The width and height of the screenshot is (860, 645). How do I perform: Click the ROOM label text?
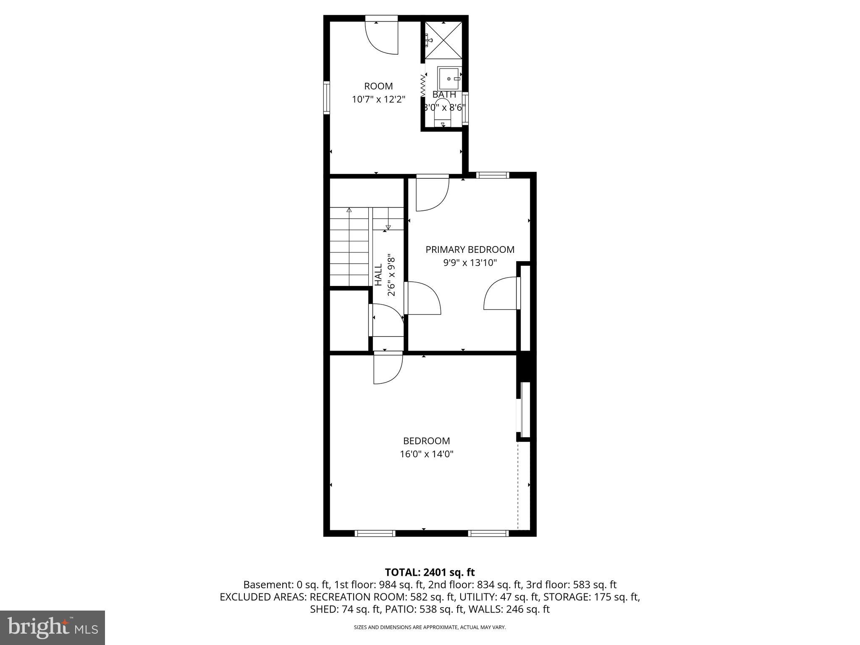click(x=378, y=86)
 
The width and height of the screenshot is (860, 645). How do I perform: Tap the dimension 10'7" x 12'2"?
click(x=378, y=100)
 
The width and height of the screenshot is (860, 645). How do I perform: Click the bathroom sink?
click(x=449, y=79)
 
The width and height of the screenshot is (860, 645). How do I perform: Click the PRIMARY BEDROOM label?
click(x=470, y=249)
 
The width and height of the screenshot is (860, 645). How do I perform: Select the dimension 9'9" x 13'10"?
click(x=470, y=263)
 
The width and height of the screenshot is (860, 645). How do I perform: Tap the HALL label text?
click(x=378, y=275)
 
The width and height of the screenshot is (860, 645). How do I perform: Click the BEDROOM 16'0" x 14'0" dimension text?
click(x=427, y=454)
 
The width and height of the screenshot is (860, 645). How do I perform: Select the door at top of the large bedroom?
click(x=388, y=369)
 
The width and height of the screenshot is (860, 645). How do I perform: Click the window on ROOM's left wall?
click(x=326, y=97)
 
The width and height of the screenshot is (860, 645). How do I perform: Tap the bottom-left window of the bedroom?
click(x=375, y=533)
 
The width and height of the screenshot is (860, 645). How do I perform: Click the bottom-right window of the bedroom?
click(x=488, y=533)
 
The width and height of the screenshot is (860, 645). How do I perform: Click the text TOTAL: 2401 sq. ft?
click(x=430, y=572)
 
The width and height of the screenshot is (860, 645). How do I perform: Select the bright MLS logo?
click(x=52, y=627)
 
